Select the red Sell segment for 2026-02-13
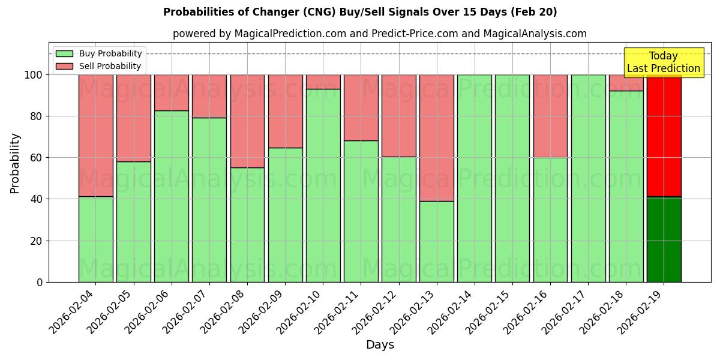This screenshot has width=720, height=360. pos(436,137)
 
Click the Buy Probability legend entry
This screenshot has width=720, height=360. pos(98,53)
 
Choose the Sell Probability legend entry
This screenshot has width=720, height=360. pos(98,66)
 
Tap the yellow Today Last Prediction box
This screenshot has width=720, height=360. pos(663,62)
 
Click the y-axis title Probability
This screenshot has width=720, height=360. pos(15,163)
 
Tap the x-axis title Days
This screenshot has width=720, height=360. pos(380,345)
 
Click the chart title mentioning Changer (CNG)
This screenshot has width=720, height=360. pos(360,12)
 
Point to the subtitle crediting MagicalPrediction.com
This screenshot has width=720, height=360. pos(380,34)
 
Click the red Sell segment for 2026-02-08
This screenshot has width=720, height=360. pos(247,121)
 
